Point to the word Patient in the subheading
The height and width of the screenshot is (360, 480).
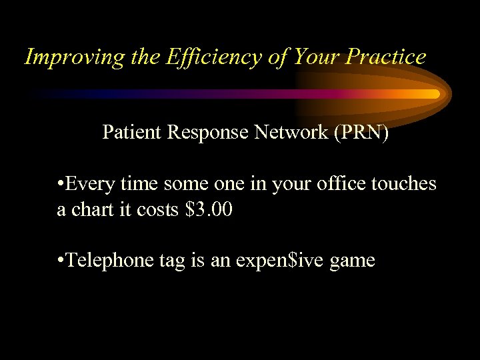pos(131,132)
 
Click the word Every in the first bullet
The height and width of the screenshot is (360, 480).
pos(89,184)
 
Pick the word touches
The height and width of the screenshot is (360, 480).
pos(407,184)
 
